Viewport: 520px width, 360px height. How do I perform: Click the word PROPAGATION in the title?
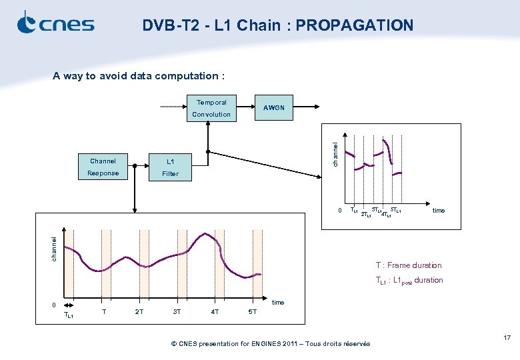(x=354, y=25)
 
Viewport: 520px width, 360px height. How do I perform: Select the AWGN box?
(x=273, y=107)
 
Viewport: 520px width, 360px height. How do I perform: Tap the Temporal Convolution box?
(x=211, y=109)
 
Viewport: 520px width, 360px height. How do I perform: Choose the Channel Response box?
(x=103, y=167)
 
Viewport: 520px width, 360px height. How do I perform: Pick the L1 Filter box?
(x=170, y=167)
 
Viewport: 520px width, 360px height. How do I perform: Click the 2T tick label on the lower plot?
(x=139, y=311)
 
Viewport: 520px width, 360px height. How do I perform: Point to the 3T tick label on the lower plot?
(x=177, y=311)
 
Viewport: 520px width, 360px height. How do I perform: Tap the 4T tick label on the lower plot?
(x=215, y=311)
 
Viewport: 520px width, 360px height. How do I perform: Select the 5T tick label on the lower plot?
(x=252, y=311)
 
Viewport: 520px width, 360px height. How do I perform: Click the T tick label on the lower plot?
(x=103, y=311)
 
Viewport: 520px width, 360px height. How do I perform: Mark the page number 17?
(x=507, y=339)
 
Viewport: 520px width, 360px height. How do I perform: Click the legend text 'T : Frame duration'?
(x=408, y=265)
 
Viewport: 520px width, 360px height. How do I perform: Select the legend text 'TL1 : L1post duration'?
(x=409, y=281)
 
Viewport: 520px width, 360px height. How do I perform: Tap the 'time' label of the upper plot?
(x=438, y=211)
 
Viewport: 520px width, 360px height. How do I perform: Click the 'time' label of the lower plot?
(x=278, y=303)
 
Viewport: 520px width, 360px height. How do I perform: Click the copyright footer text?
(x=271, y=344)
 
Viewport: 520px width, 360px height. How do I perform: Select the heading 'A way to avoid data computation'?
(x=139, y=76)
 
